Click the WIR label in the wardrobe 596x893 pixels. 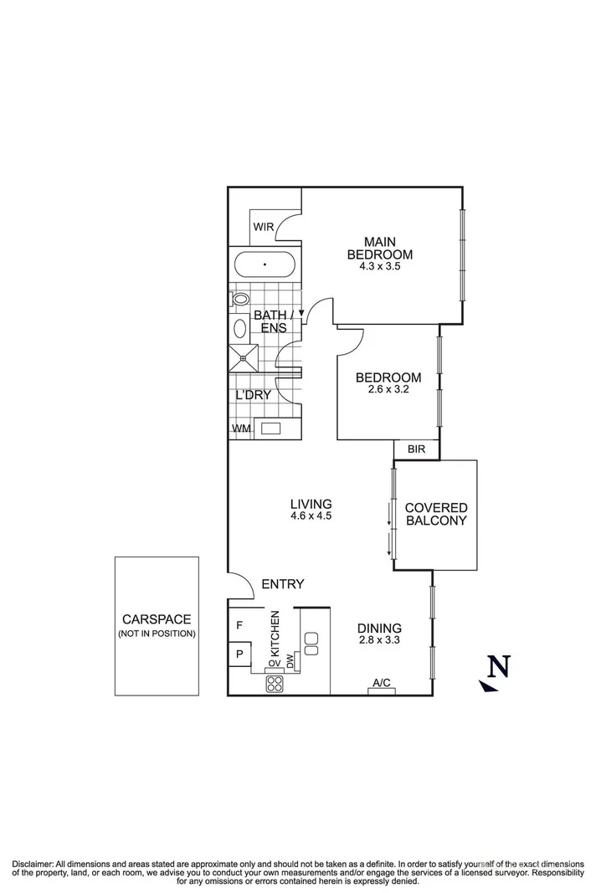(x=264, y=226)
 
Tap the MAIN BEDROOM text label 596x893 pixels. (x=380, y=247)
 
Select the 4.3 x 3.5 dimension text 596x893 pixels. (x=380, y=267)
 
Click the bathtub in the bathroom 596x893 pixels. (x=265, y=264)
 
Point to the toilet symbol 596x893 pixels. (x=240, y=298)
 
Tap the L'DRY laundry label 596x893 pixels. (x=252, y=394)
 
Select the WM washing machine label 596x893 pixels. (x=241, y=429)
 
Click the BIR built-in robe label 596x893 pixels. (x=416, y=449)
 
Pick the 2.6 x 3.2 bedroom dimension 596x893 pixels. (x=388, y=389)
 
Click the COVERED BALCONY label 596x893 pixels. (x=435, y=514)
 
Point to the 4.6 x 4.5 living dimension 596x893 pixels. (x=311, y=516)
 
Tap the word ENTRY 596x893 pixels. (x=282, y=584)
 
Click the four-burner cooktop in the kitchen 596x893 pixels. (x=275, y=684)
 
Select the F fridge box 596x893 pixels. (x=239, y=624)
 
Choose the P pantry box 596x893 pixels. (x=239, y=654)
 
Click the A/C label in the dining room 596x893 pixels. (x=382, y=683)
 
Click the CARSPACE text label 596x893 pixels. (x=157, y=619)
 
